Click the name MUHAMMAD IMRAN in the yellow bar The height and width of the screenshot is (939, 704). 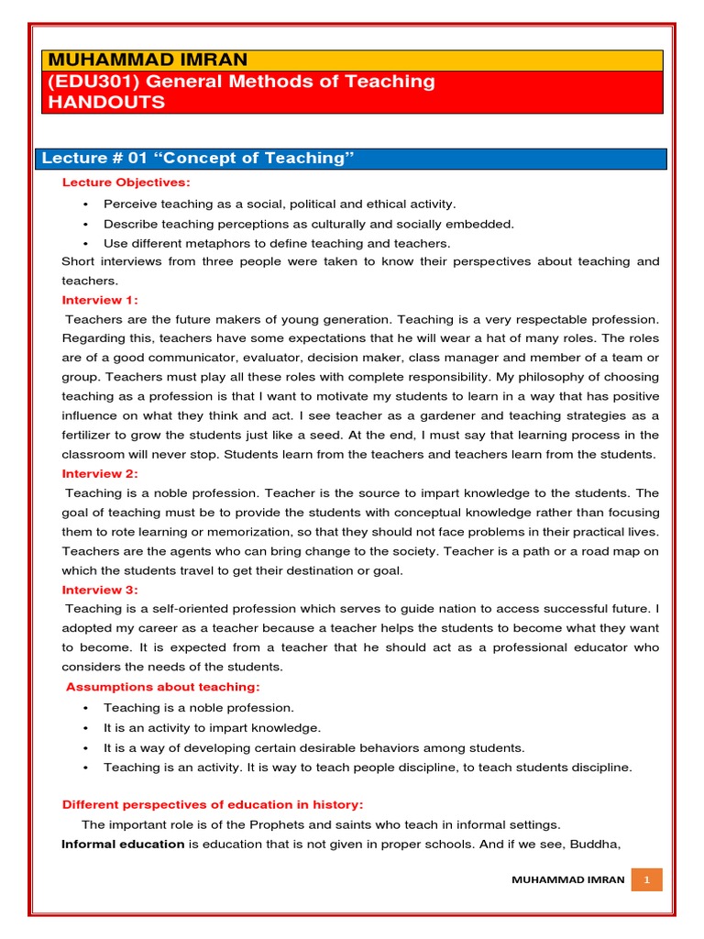click(x=146, y=60)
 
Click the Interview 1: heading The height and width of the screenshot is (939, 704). click(x=100, y=300)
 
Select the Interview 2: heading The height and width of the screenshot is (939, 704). click(x=100, y=473)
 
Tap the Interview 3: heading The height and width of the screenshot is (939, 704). click(x=100, y=590)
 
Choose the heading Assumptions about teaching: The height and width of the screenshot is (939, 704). click(x=163, y=687)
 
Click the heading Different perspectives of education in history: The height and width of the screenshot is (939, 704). click(x=213, y=804)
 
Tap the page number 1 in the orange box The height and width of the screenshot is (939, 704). click(x=646, y=879)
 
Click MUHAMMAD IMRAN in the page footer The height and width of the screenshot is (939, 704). click(x=568, y=879)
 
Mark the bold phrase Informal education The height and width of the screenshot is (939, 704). click(x=123, y=844)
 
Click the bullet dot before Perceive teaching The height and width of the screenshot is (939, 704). click(x=84, y=204)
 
